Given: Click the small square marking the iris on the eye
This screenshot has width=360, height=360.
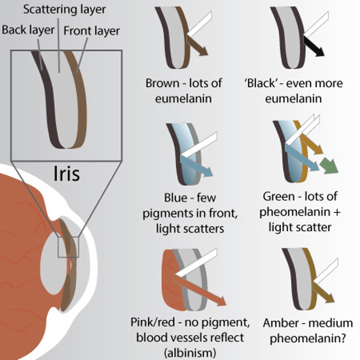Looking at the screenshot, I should pos(67,247).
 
